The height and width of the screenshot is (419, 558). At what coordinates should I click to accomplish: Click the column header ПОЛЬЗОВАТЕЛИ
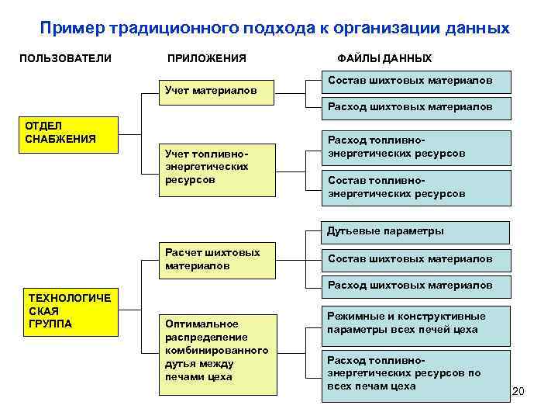65,58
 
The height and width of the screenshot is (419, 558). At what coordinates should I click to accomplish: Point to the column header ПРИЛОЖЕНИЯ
206,58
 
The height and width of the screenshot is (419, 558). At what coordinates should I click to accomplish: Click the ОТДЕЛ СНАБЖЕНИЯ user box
69,133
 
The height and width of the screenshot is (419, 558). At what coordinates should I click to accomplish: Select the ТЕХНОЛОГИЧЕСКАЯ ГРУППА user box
69,310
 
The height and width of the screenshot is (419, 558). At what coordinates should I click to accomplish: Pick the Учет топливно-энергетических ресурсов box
217,168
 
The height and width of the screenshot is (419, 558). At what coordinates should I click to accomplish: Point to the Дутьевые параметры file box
416,231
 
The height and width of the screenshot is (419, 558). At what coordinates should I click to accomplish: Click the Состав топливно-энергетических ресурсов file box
416,187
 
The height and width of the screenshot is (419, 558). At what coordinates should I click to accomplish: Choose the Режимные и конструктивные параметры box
416,324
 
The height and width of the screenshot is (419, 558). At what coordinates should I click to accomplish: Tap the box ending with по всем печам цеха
416,373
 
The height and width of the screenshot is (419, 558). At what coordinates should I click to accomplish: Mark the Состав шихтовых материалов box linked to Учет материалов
416,81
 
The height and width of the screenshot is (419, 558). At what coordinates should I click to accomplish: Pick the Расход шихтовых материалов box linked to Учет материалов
416,107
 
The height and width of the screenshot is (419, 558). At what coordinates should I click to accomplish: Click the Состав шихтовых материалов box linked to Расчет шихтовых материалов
416,259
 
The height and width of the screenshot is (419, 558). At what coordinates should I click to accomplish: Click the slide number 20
518,392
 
